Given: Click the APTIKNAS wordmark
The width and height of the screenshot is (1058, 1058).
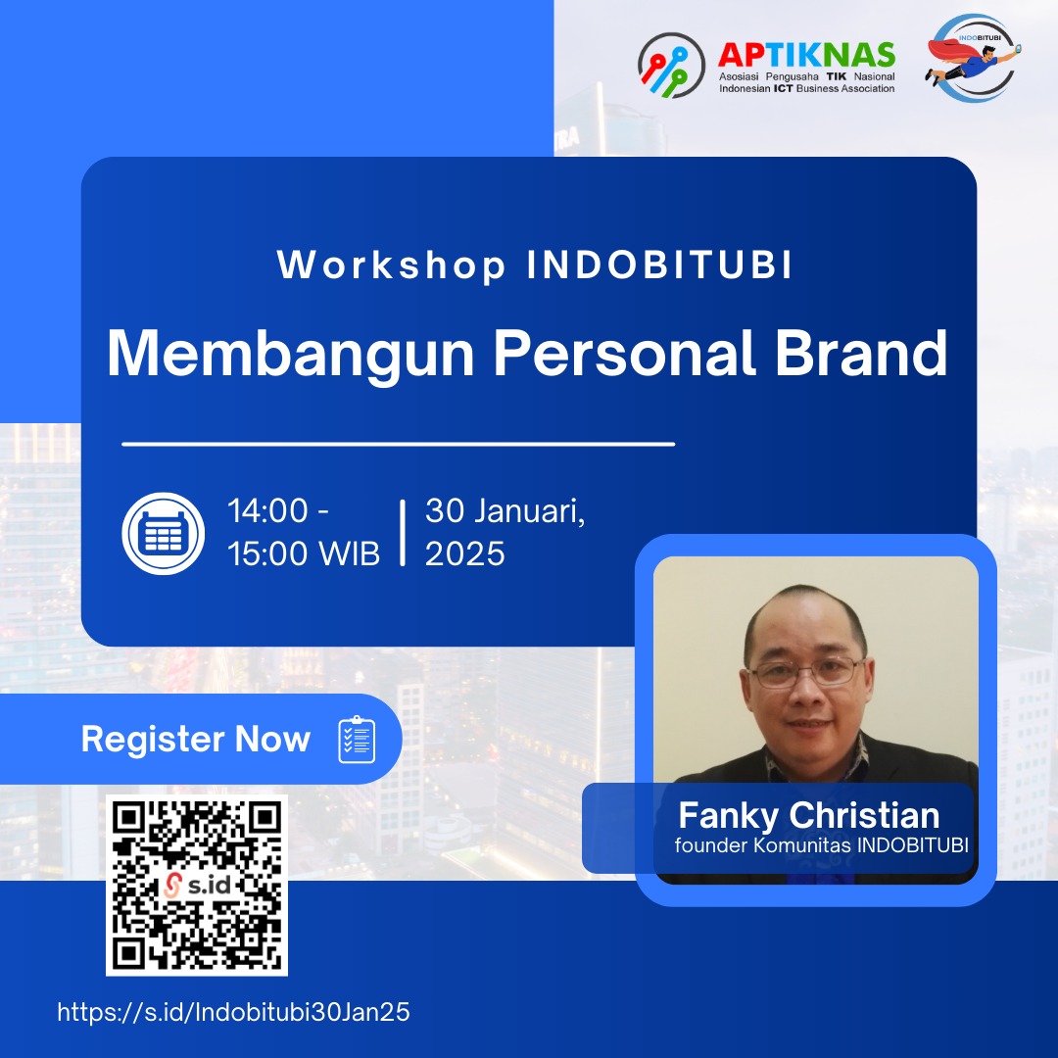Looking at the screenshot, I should pyautogui.click(x=806, y=55).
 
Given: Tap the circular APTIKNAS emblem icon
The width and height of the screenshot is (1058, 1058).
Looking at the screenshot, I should pyautogui.click(x=671, y=67).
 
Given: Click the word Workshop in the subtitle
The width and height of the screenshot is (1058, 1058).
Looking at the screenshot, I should pyautogui.click(x=392, y=266).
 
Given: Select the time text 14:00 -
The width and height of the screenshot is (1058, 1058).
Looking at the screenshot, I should pyautogui.click(x=278, y=511).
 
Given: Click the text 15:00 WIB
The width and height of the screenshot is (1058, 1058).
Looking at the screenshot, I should pyautogui.click(x=304, y=554).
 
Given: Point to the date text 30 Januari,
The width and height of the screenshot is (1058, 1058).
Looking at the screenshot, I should pyautogui.click(x=505, y=511).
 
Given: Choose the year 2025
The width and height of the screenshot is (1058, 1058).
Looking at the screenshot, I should pyautogui.click(x=464, y=554).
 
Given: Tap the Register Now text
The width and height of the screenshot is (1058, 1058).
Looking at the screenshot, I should pyautogui.click(x=195, y=739).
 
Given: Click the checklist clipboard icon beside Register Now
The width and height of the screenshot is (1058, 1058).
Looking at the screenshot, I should pyautogui.click(x=357, y=740).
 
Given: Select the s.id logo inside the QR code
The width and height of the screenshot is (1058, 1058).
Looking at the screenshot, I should pyautogui.click(x=196, y=887).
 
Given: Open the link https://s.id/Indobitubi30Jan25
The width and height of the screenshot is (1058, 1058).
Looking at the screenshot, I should pyautogui.click(x=233, y=1013).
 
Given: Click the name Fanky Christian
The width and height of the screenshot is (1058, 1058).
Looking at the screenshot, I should pyautogui.click(x=809, y=816).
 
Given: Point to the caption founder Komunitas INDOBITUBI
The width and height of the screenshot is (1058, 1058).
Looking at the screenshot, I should pyautogui.click(x=821, y=845).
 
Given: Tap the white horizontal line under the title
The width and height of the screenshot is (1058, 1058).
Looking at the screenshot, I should pyautogui.click(x=398, y=444).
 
